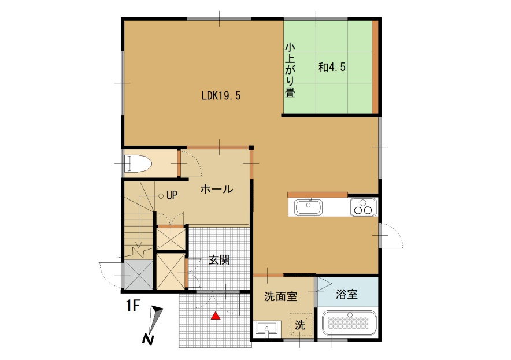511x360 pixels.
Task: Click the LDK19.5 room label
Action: point(221,95)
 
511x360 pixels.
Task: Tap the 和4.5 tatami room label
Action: point(331,67)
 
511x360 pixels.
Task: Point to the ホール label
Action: point(216,189)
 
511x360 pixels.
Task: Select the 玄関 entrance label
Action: point(219,259)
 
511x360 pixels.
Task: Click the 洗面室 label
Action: point(280,296)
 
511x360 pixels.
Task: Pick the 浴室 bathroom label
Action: point(347,294)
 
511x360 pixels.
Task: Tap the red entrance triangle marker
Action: point(216,316)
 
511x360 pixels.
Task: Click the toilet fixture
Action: point(138,164)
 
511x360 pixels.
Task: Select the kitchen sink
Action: point(308,207)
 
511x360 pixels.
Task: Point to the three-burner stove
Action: point(364,207)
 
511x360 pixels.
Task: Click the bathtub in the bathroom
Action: point(349,323)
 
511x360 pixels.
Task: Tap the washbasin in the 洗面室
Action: point(266,329)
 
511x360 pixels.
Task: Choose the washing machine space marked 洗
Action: point(301,325)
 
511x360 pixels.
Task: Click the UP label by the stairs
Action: point(172,195)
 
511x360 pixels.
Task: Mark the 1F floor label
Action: point(134,306)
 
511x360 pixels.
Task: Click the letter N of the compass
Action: point(148,339)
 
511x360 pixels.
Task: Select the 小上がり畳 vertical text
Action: point(290,70)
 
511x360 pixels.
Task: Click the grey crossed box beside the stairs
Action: point(139,274)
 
